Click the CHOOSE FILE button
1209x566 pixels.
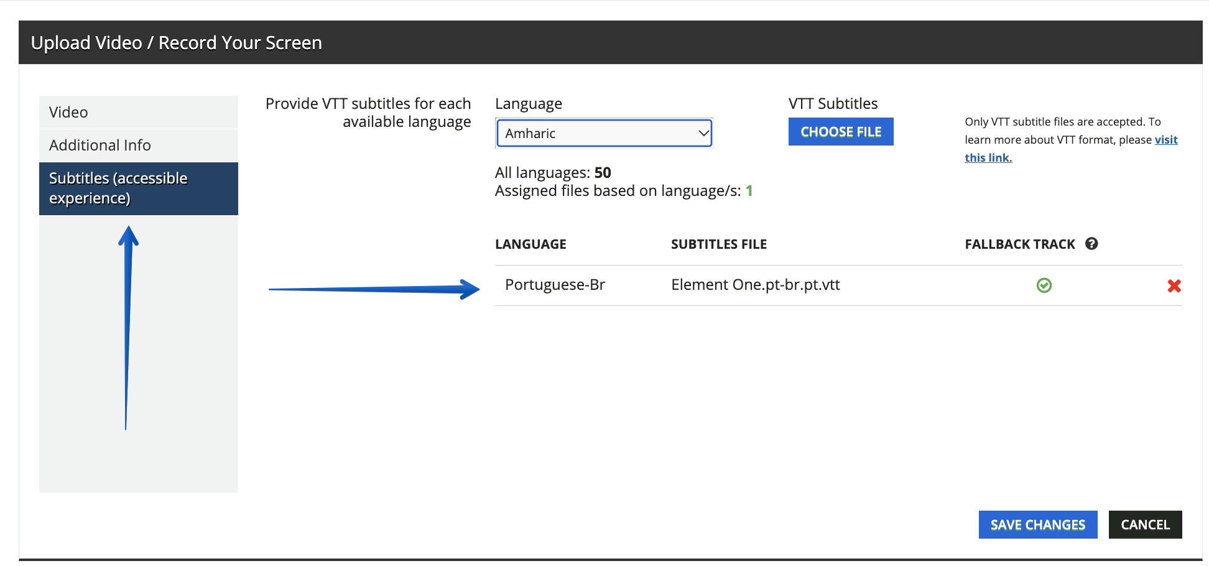click(841, 132)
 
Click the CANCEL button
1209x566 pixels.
click(1145, 525)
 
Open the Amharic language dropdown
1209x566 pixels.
click(604, 133)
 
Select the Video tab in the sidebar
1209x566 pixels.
click(139, 112)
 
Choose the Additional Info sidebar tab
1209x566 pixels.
click(139, 145)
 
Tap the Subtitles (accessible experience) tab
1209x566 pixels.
click(139, 188)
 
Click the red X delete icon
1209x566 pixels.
click(1174, 285)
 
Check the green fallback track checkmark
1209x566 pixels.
click(1044, 285)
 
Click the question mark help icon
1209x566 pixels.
click(1091, 244)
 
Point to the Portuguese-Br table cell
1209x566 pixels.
click(555, 285)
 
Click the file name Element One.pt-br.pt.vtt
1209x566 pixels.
click(756, 285)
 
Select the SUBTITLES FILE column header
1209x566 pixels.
click(719, 244)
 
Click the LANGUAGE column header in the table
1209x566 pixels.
click(530, 244)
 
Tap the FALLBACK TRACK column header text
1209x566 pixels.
click(1020, 244)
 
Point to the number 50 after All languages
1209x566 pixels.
click(603, 172)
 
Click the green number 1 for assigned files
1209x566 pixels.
click(749, 191)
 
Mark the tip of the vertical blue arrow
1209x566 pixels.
click(129, 226)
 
